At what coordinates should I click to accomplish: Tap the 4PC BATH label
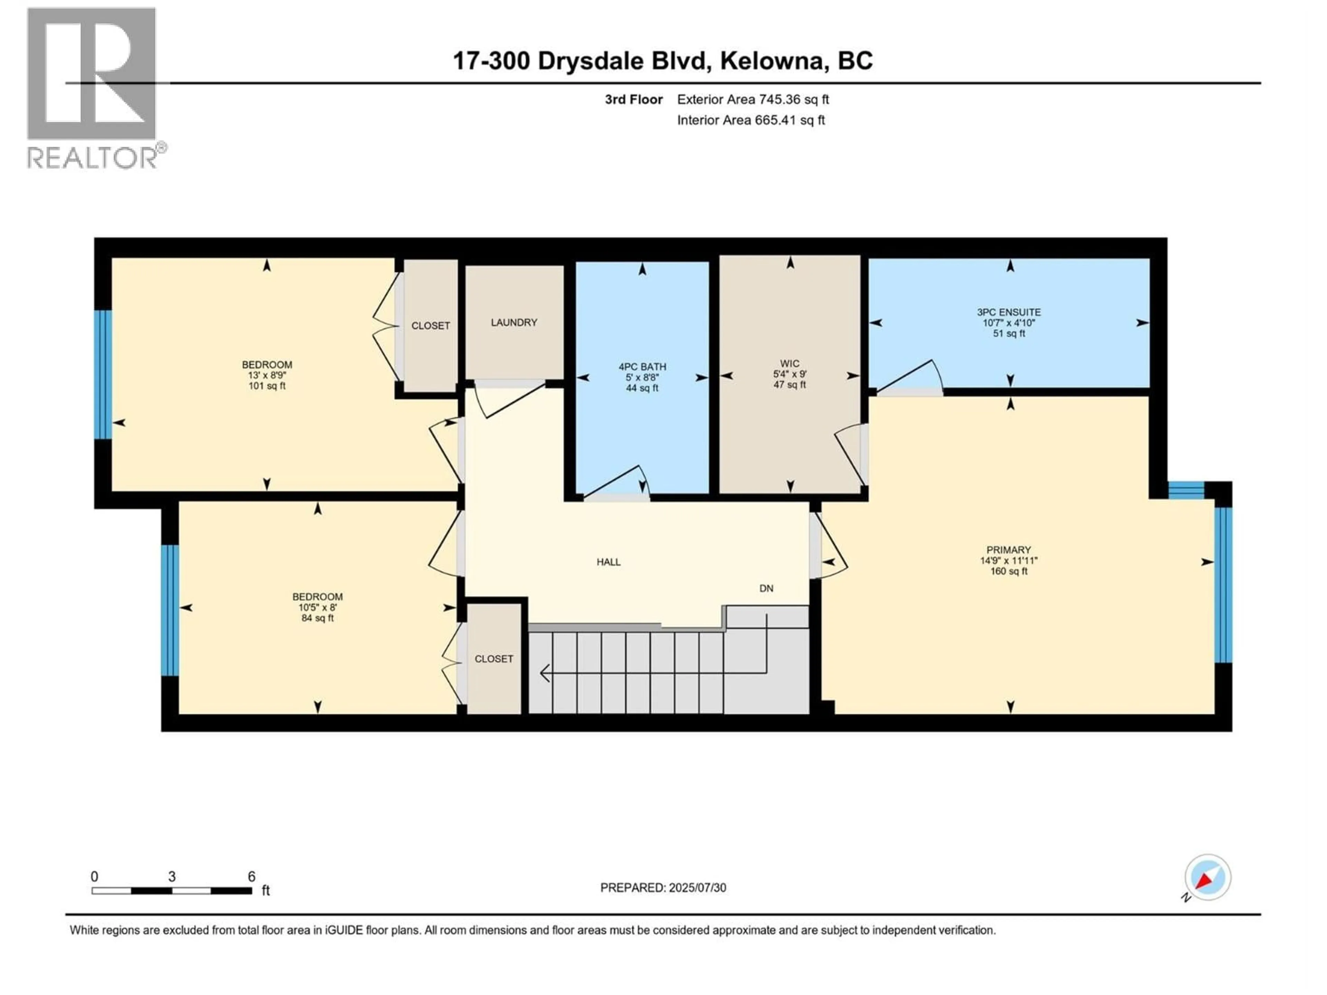pyautogui.click(x=642, y=367)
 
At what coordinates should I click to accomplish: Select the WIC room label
pyautogui.click(x=790, y=363)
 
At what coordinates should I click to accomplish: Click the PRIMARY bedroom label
pyautogui.click(x=1008, y=550)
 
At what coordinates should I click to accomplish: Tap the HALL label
pyautogui.click(x=608, y=562)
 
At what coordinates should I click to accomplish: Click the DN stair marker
pyautogui.click(x=766, y=588)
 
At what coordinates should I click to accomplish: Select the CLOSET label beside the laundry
pyautogui.click(x=430, y=326)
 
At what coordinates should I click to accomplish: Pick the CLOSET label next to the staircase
pyautogui.click(x=494, y=658)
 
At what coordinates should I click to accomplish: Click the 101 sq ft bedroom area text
pyautogui.click(x=267, y=386)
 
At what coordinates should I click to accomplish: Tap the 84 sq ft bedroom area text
pyautogui.click(x=317, y=618)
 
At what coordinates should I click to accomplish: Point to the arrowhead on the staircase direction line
pyautogui.click(x=544, y=673)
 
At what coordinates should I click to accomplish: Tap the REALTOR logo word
pyautogui.click(x=93, y=158)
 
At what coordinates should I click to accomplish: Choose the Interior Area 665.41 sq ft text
pyautogui.click(x=751, y=120)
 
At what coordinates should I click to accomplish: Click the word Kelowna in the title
pyautogui.click(x=771, y=60)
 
